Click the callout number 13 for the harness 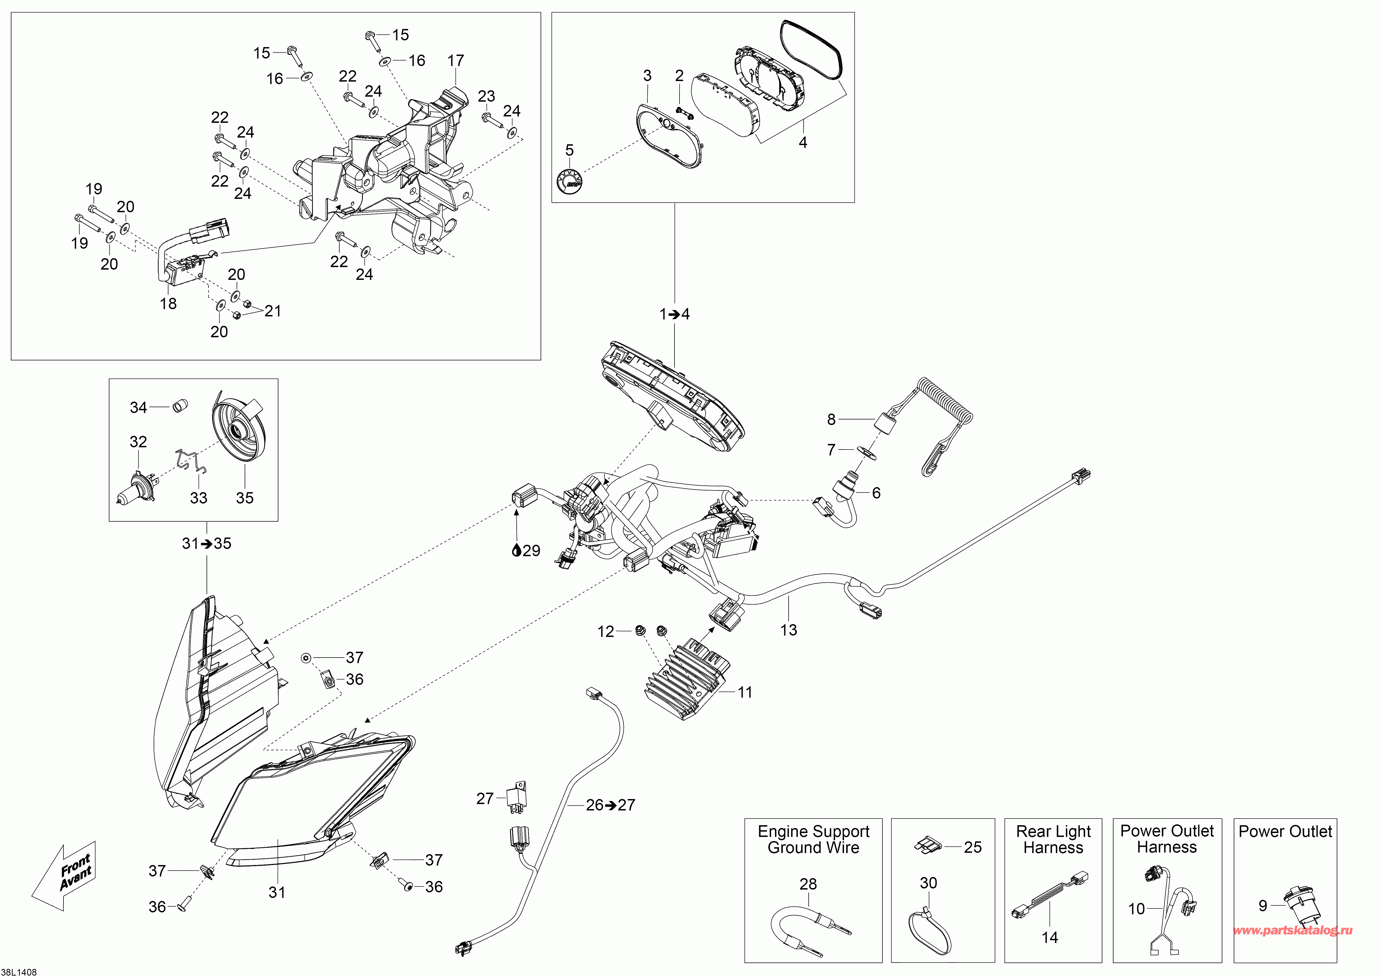point(789,630)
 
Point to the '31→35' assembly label point(206,544)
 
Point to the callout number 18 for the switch point(168,304)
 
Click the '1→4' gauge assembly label point(674,314)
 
